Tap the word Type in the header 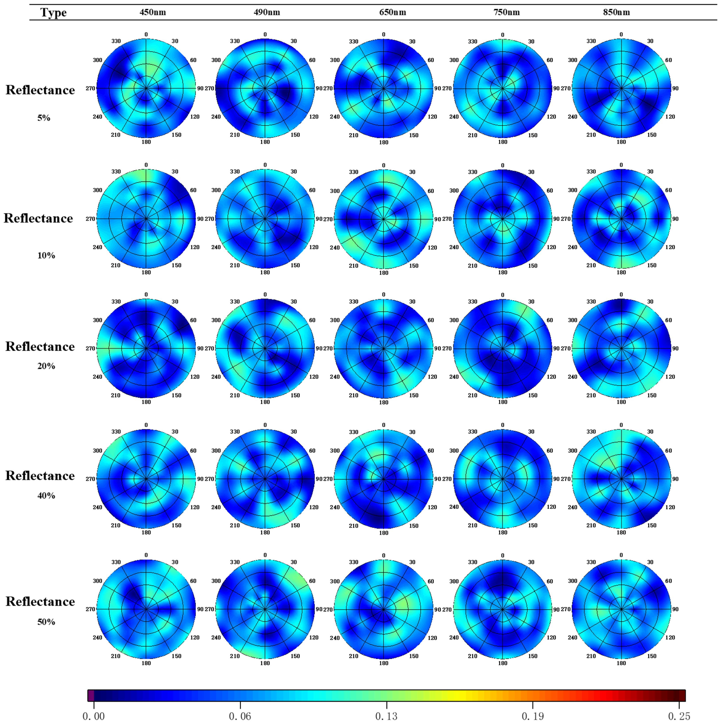click(53, 12)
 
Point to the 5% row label click(44, 118)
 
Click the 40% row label click(46, 496)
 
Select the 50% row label click(46, 622)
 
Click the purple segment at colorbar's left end click(91, 696)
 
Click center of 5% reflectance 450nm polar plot click(146, 88)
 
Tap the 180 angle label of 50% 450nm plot click(146, 663)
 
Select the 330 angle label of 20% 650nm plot click(353, 302)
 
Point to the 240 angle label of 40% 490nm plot click(216, 507)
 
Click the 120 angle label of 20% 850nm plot click(670, 377)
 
